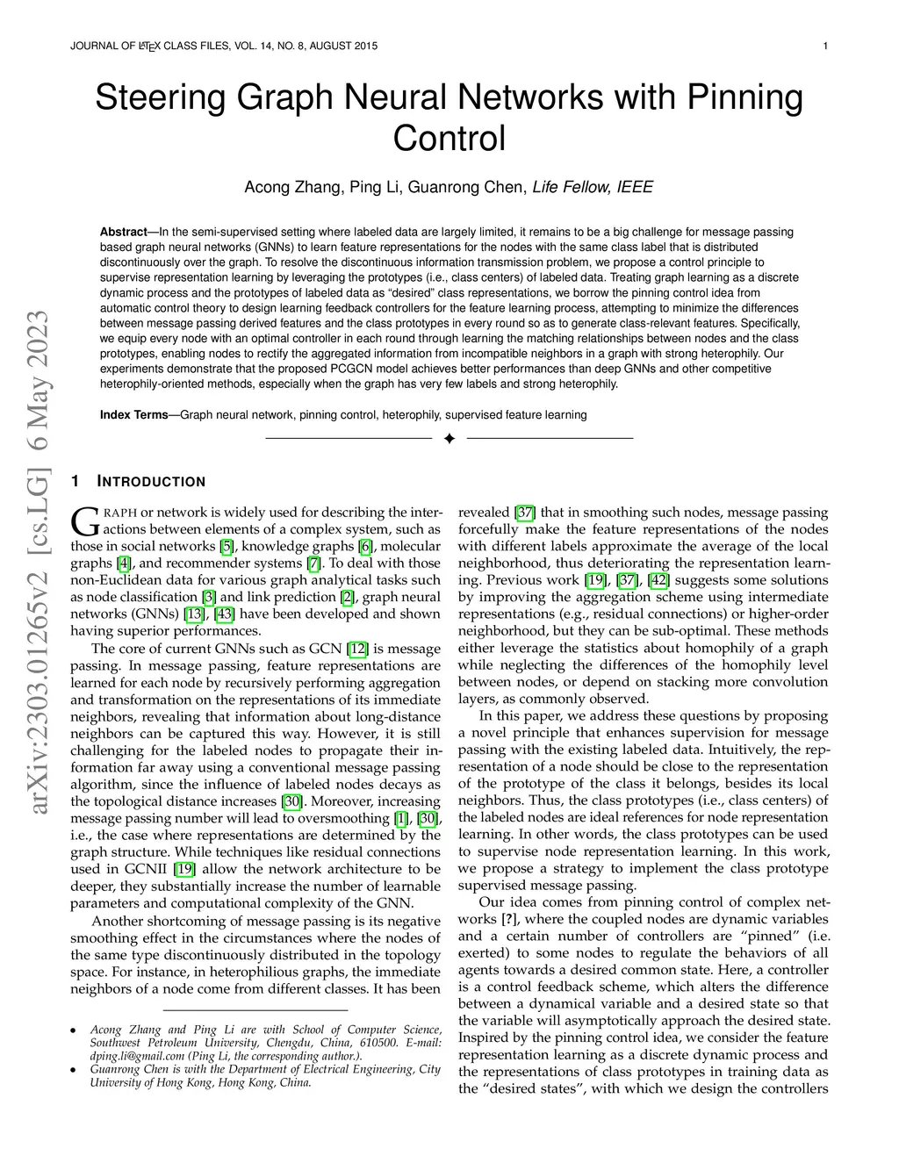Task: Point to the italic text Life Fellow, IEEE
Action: [x=593, y=187]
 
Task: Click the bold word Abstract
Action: [x=123, y=232]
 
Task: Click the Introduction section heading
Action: [x=150, y=482]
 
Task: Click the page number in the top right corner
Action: [x=827, y=46]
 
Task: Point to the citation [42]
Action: [x=658, y=580]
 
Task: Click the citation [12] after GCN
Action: [x=358, y=649]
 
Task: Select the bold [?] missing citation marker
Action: [x=507, y=919]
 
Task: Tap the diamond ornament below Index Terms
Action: [x=449, y=438]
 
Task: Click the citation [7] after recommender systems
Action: [x=314, y=564]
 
